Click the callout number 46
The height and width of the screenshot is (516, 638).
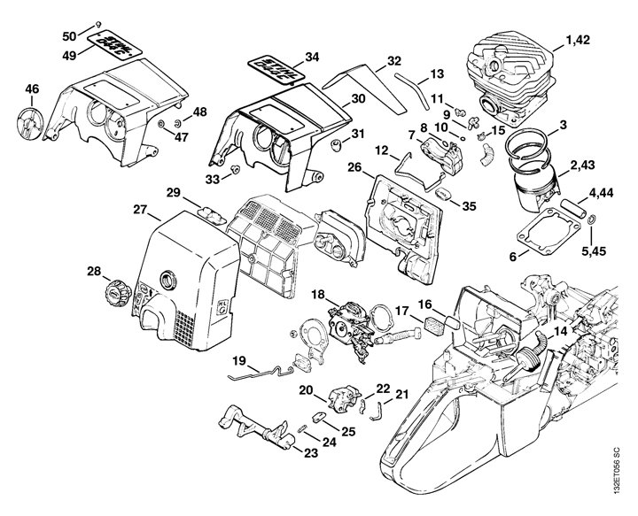tap(32, 89)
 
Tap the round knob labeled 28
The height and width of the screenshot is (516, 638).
tap(114, 289)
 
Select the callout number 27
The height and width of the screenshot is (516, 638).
tap(140, 210)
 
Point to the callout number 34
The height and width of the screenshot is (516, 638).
tap(311, 57)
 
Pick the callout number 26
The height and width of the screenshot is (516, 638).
tap(354, 167)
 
